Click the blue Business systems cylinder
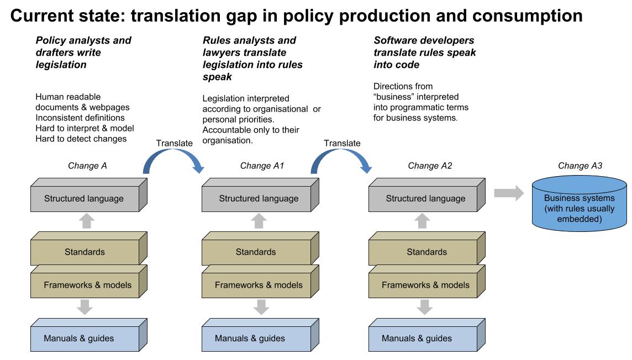point(579,203)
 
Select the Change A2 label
point(430,166)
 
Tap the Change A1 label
point(262,166)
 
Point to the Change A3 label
point(580,166)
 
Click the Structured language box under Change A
point(89,195)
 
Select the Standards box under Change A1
point(260,248)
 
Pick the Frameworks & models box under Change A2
point(427,282)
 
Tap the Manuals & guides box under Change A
point(89,335)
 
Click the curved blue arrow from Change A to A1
point(173,153)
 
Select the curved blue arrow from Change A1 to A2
point(341,153)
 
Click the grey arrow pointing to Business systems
point(509,193)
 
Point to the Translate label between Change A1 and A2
point(342,143)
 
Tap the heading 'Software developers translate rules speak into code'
point(424,52)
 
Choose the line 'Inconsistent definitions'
point(80,118)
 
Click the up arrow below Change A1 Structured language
point(259,221)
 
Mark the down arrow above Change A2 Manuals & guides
point(424,307)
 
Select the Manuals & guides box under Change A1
point(260,335)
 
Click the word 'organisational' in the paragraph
point(281,109)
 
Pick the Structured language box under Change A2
point(427,195)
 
